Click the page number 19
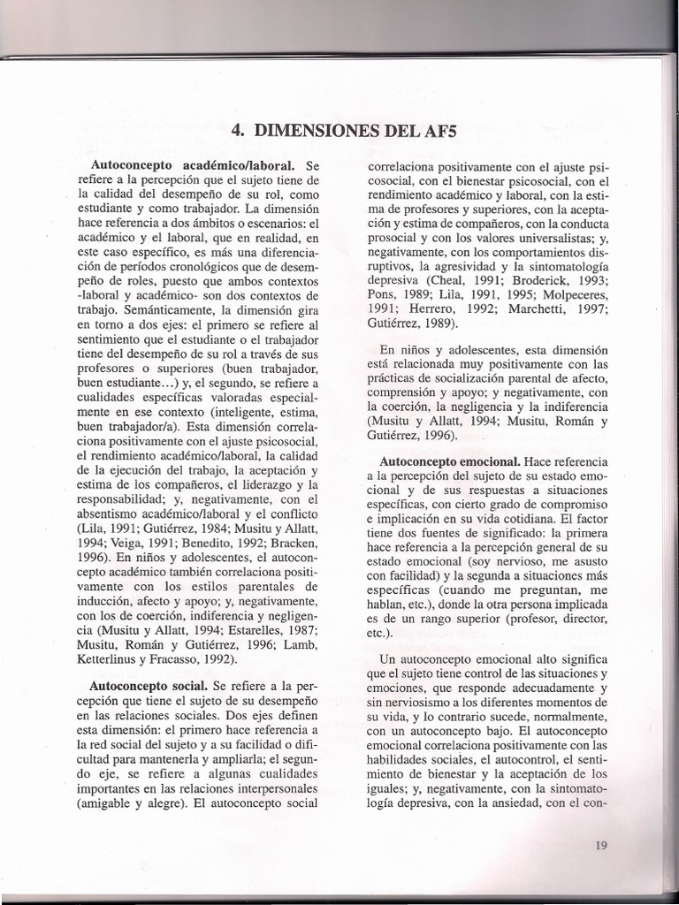click(x=601, y=845)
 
